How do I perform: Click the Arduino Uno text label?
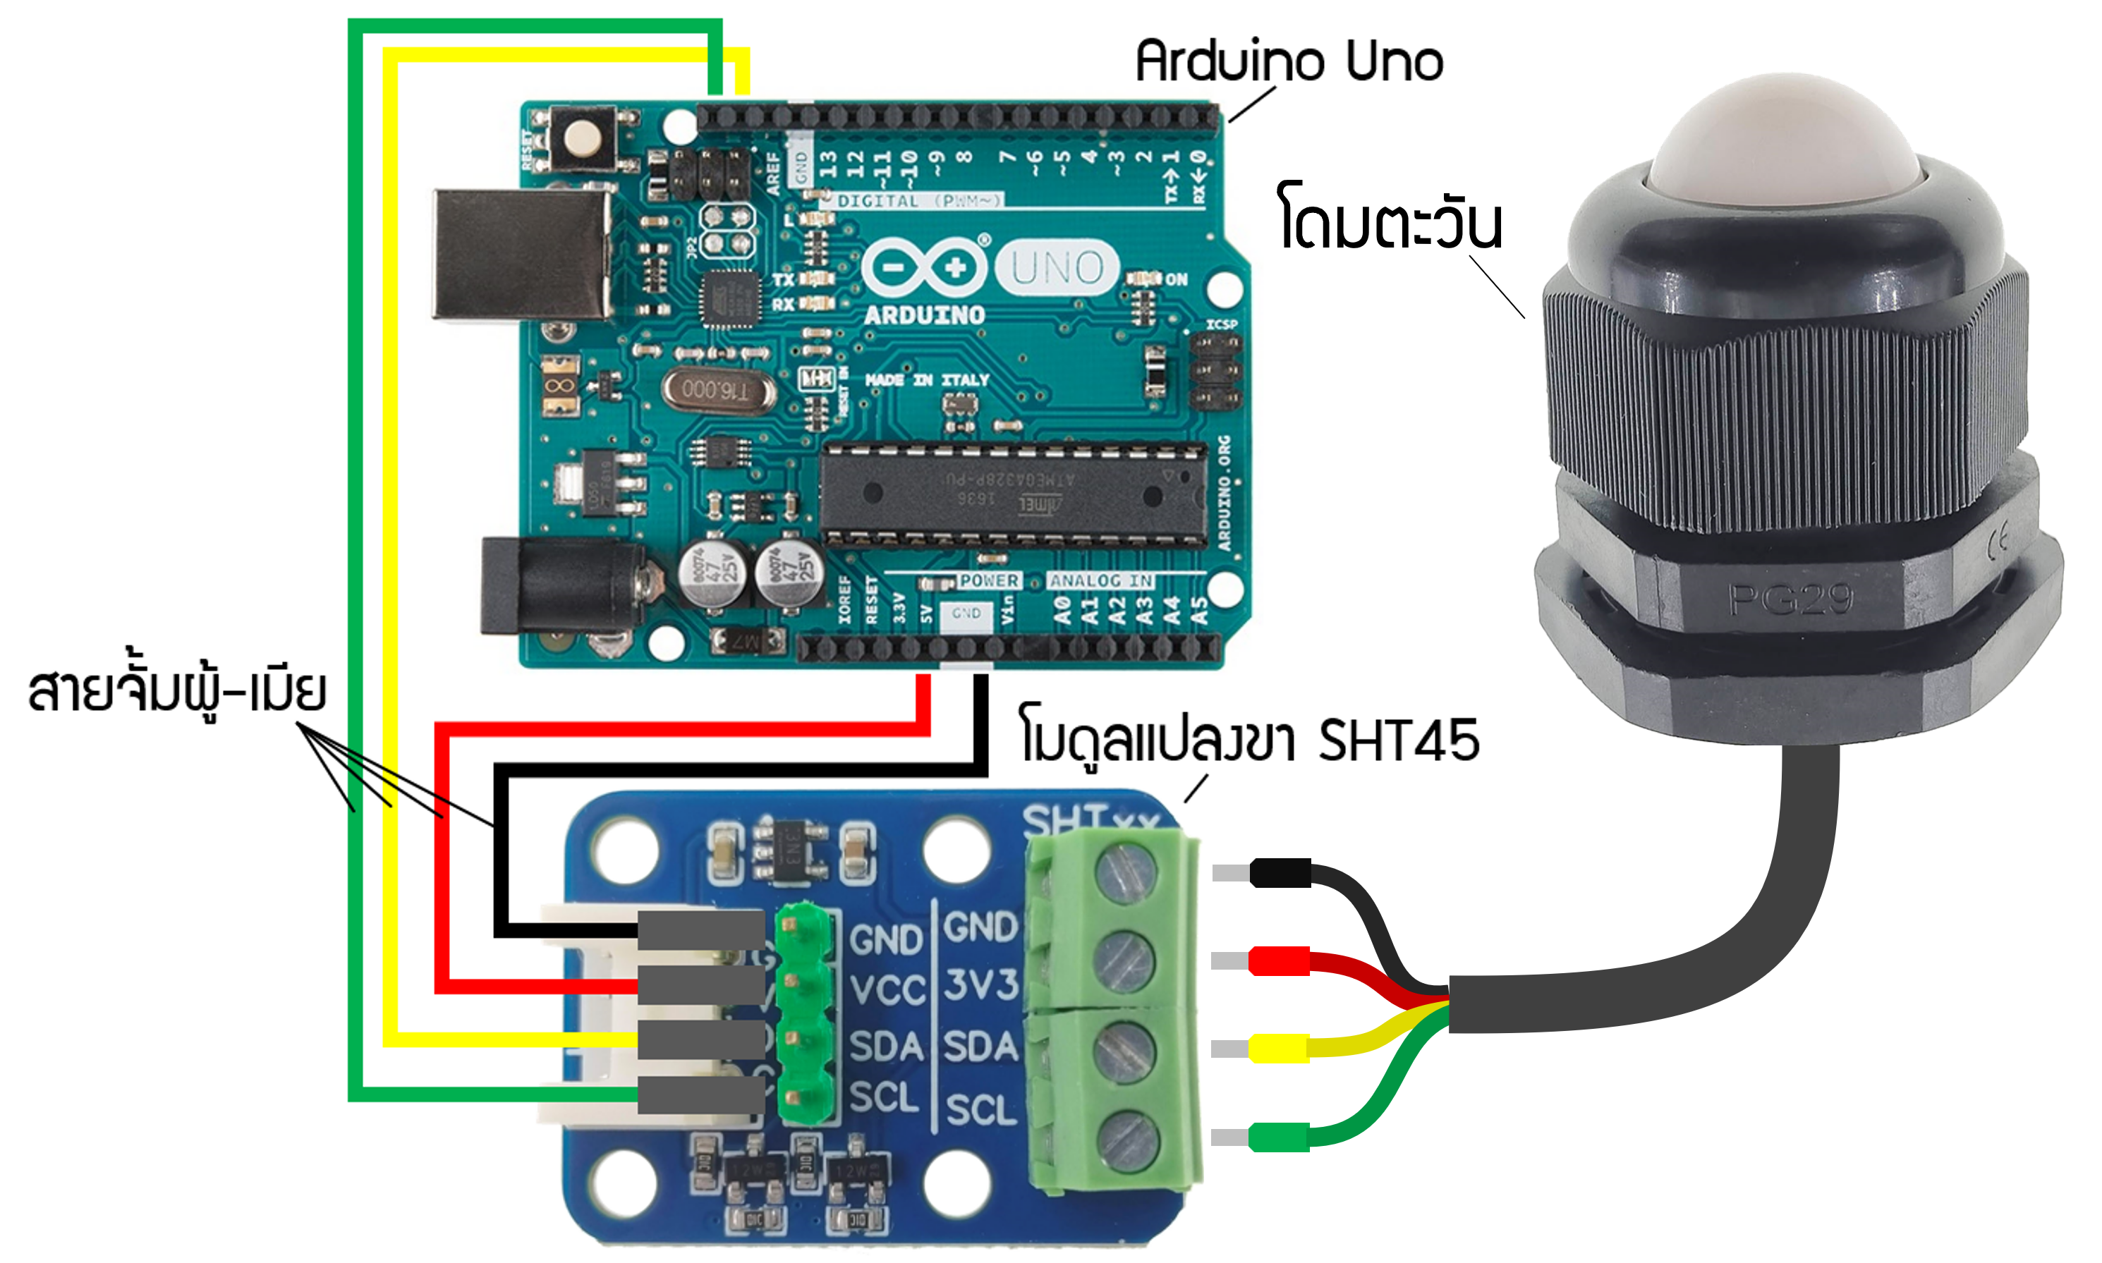[1289, 61]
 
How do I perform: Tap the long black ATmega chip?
[1013, 494]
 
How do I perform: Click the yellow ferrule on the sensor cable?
[1278, 1048]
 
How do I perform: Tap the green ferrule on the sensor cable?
[1278, 1137]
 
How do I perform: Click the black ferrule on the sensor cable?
[1279, 872]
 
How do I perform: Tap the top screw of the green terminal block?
[1124, 874]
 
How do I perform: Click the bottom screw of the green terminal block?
[1124, 1139]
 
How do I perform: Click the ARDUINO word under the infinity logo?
[924, 316]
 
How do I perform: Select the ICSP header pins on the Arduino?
[1215, 372]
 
